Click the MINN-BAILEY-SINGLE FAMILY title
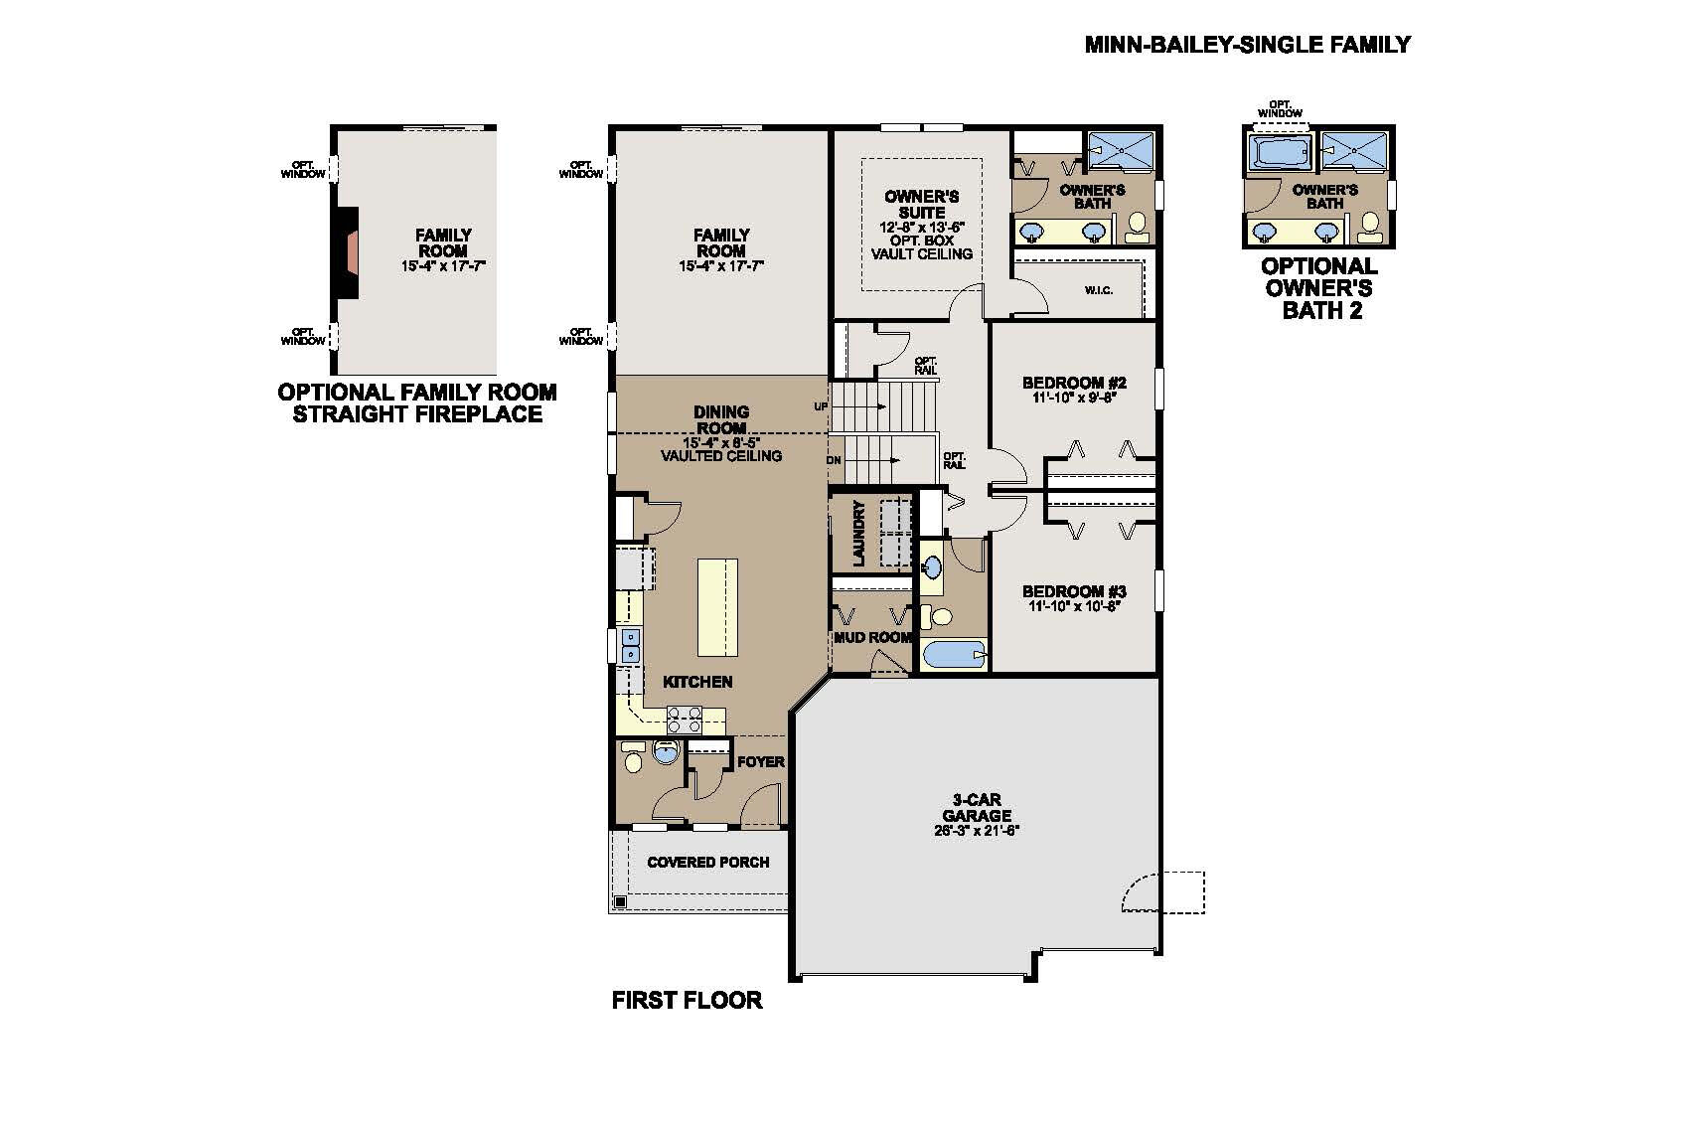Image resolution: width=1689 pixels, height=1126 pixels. (1247, 45)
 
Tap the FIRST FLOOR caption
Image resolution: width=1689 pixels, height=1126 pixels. (687, 1000)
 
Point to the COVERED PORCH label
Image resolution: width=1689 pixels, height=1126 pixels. (707, 862)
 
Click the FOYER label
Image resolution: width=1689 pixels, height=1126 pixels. (761, 761)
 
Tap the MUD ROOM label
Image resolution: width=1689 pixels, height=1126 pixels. (871, 637)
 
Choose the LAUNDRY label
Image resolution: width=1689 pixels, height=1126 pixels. (859, 534)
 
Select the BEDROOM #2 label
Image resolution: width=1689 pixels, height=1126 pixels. (1074, 383)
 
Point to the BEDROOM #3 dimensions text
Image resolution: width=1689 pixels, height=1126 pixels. (1074, 605)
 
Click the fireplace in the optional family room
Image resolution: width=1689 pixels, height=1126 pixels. (347, 251)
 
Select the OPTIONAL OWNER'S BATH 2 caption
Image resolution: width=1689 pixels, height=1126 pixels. (1318, 288)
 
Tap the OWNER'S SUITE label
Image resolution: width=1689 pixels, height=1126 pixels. (921, 204)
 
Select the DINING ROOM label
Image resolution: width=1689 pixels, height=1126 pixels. (721, 418)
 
